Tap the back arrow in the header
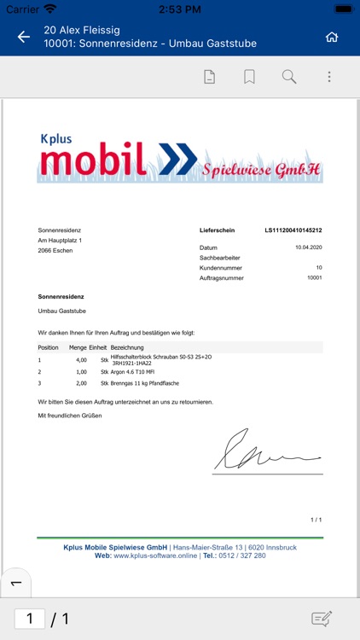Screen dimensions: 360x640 pyautogui.click(x=24, y=37)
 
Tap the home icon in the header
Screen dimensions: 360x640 pyautogui.click(x=332, y=37)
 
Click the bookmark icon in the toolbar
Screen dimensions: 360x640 pyautogui.click(x=249, y=77)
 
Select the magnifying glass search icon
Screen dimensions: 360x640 pyautogui.click(x=289, y=77)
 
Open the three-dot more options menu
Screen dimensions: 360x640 pyautogui.click(x=329, y=77)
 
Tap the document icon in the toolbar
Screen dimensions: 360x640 pyautogui.click(x=209, y=77)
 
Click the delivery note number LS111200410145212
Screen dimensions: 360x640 pyautogui.click(x=293, y=230)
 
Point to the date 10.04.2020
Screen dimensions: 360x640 pyautogui.click(x=308, y=247)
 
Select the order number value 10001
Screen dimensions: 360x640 pyautogui.click(x=314, y=278)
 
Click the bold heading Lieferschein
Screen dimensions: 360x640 pyautogui.click(x=218, y=230)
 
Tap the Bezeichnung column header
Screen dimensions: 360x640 pyautogui.click(x=127, y=347)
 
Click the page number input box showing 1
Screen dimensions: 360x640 pyautogui.click(x=30, y=619)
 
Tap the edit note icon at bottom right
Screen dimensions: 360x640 pyautogui.click(x=322, y=619)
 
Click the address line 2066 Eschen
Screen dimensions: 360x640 pyautogui.click(x=56, y=252)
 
